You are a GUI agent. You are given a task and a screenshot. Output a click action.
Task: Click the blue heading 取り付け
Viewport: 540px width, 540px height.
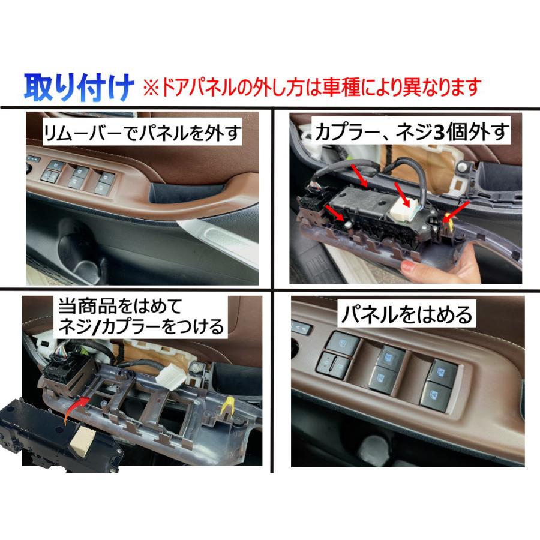coord(77,88)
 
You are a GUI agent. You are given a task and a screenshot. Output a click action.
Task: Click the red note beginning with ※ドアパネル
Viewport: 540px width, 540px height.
coord(311,88)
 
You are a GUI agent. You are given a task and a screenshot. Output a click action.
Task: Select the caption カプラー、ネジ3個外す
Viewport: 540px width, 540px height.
coord(413,131)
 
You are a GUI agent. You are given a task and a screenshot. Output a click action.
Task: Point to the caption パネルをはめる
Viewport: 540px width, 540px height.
coord(406,314)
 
